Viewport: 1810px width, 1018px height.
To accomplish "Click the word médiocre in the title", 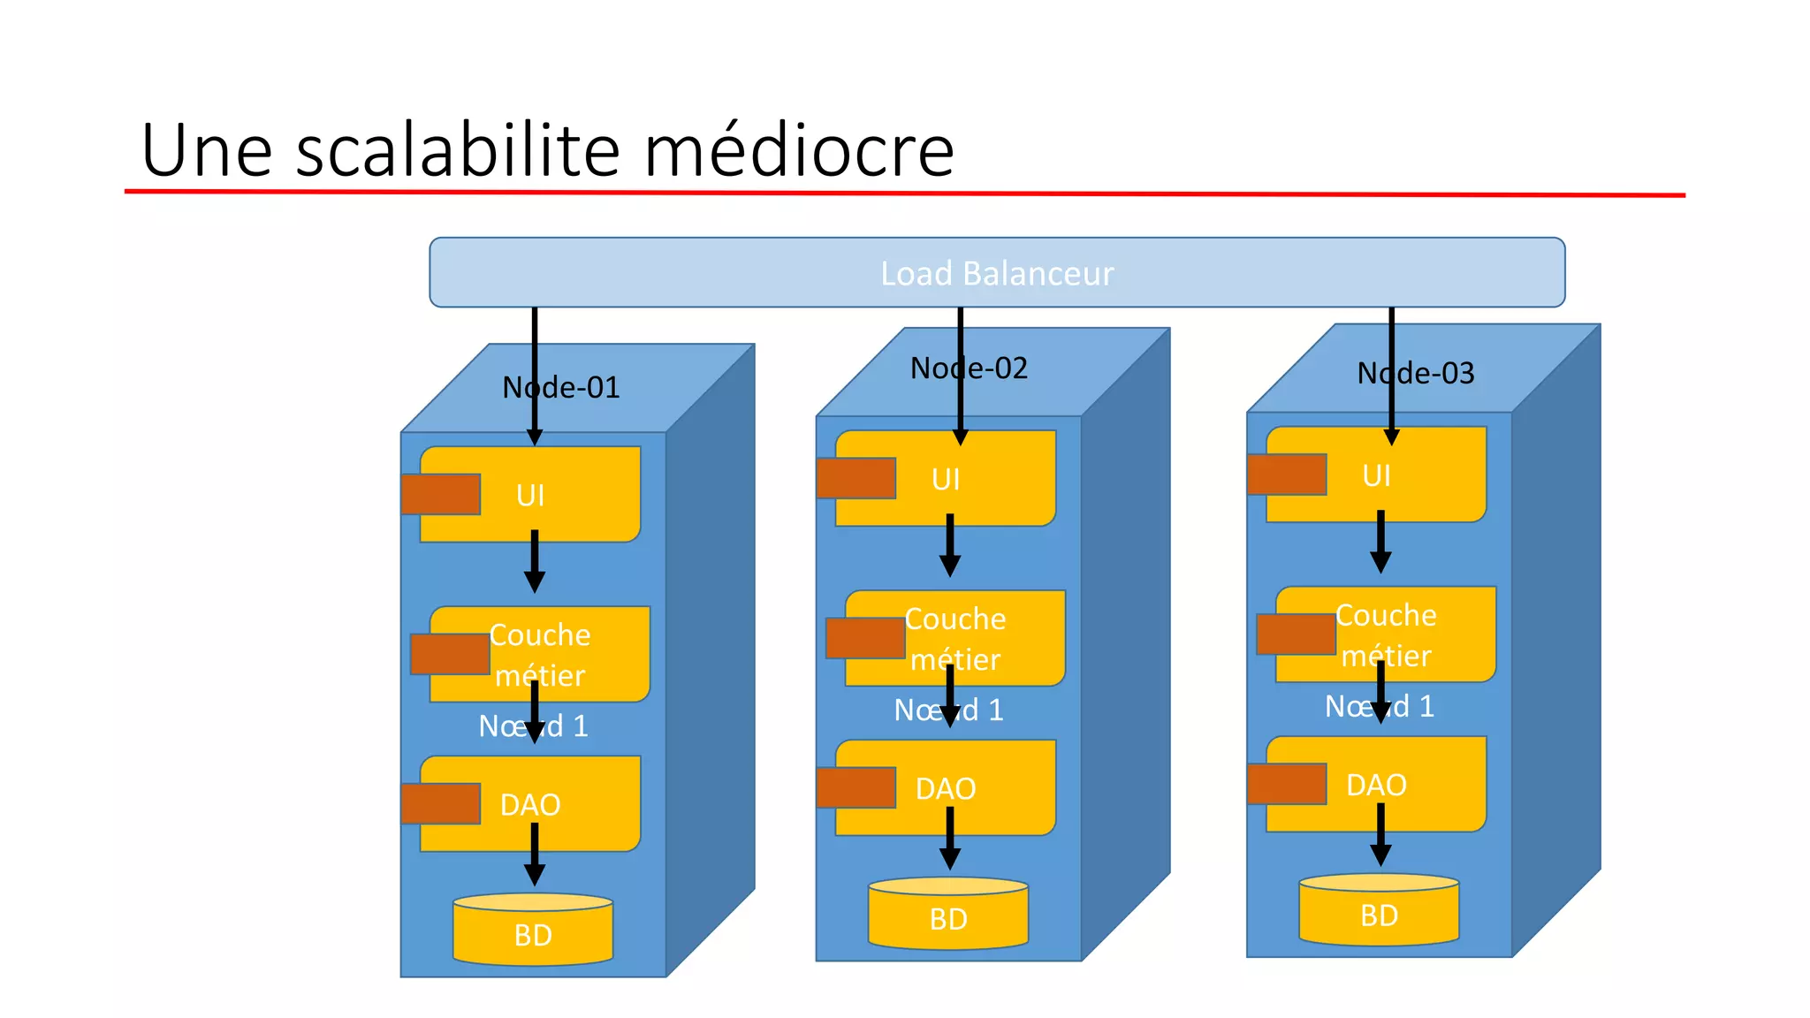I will tap(799, 150).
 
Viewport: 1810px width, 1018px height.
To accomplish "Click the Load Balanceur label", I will tap(997, 274).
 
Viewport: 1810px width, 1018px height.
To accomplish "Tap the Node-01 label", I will tap(561, 387).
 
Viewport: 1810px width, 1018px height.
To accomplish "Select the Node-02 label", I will tap(970, 368).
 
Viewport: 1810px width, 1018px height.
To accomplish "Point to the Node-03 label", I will tap(1416, 373).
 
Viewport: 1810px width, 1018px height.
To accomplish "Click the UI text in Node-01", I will tap(530, 496).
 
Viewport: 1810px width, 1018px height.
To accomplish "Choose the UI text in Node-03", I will tap(1376, 476).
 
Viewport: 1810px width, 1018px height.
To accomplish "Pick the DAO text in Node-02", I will tap(946, 788).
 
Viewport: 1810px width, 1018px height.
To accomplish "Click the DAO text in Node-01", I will tap(530, 805).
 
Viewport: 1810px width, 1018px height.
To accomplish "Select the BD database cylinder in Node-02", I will tap(948, 914).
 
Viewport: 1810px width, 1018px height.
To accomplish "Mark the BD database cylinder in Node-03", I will tap(1379, 910).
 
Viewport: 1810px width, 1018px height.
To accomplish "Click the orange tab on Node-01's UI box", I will tap(441, 494).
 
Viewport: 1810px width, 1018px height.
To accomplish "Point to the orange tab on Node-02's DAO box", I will tap(856, 787).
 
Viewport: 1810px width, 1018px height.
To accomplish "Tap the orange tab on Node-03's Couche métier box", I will tap(1296, 634).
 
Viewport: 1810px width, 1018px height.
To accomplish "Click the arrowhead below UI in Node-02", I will tap(950, 566).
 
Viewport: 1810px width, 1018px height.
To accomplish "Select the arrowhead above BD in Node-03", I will tap(1380, 855).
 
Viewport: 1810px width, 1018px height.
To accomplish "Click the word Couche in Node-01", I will tap(540, 635).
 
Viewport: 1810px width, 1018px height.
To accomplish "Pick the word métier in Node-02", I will tap(955, 660).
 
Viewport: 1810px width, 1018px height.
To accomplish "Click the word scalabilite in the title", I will tap(458, 150).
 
